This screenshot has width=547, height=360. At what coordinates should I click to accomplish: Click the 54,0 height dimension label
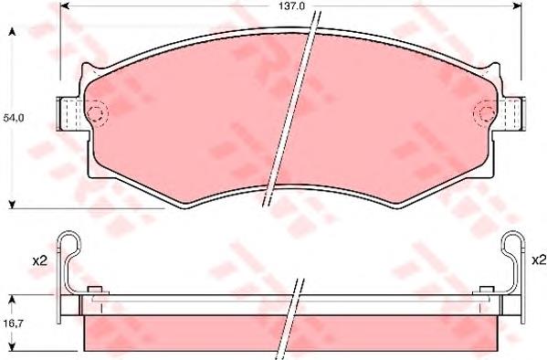point(13,118)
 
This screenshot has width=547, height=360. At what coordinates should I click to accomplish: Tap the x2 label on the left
point(38,260)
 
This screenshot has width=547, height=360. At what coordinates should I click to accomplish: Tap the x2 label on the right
point(538,260)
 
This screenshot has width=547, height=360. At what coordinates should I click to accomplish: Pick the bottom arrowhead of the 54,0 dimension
point(11,203)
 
